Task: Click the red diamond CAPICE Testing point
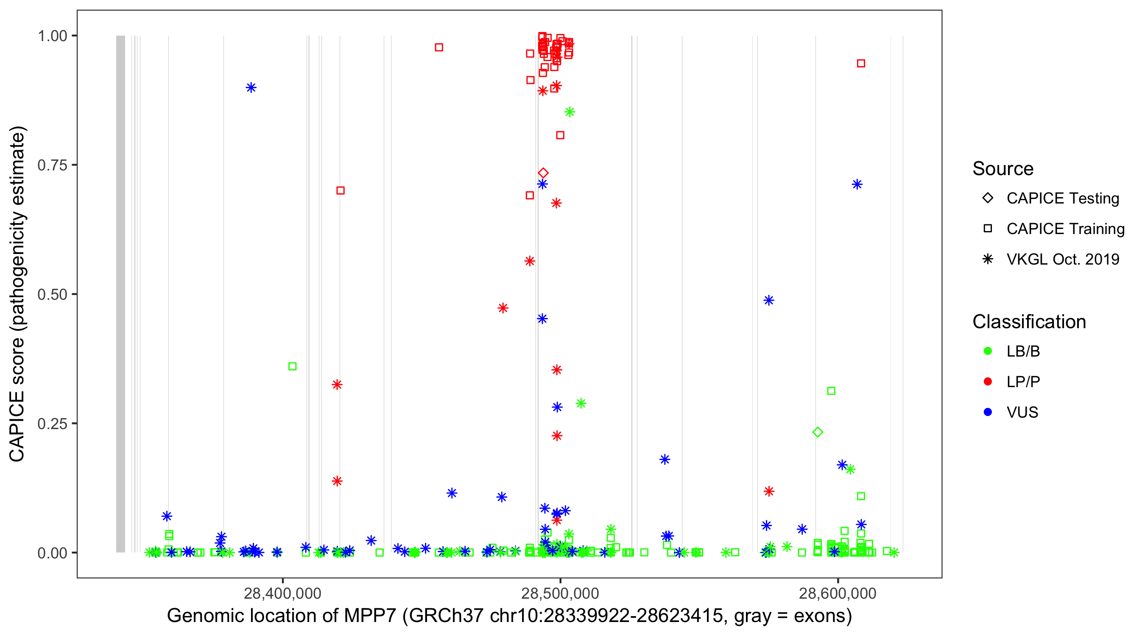coord(543,173)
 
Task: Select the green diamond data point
coord(818,432)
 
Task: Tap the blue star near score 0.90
coord(251,87)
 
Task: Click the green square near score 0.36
coord(293,366)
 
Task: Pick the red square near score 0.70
coord(341,190)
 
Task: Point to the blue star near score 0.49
coord(768,301)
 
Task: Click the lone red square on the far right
coord(861,64)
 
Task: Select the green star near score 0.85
coord(570,112)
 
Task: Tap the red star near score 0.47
coord(503,308)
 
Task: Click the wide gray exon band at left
coord(120,293)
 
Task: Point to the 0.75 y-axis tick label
coord(52,165)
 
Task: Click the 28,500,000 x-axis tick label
coord(560,593)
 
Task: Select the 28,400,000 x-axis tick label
coord(282,593)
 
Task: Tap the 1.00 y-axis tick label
coord(52,36)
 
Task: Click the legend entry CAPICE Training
coord(1065,229)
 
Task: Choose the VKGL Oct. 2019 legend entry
coord(1062,259)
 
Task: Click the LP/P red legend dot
coord(988,382)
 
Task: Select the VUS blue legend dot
coord(988,412)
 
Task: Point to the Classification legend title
coord(1029,321)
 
